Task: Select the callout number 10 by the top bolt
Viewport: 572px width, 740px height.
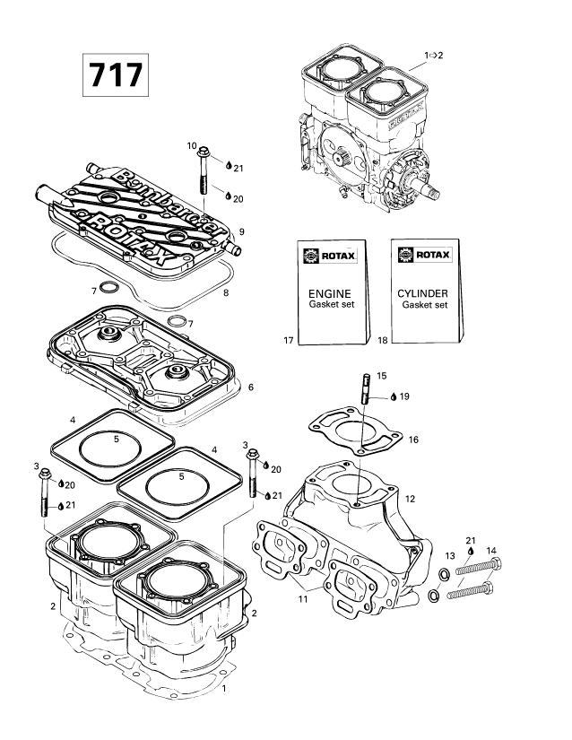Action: (192, 145)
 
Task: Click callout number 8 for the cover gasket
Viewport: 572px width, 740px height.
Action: (226, 292)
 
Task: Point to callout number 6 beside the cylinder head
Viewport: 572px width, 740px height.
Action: (252, 387)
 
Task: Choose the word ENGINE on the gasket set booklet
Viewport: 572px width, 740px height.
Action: (330, 293)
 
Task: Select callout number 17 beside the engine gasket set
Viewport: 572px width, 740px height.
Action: (289, 341)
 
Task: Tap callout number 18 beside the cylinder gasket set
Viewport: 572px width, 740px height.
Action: (383, 341)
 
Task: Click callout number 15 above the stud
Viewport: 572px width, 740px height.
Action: (382, 376)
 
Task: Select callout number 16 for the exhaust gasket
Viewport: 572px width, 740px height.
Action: (412, 440)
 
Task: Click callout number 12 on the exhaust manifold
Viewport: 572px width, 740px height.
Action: (410, 498)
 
